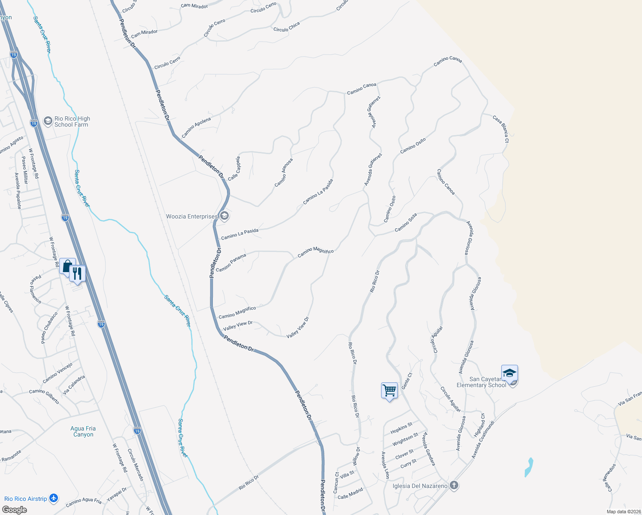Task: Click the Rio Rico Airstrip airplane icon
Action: coord(54,498)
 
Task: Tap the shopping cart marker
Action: coord(389,391)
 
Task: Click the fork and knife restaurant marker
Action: coord(77,273)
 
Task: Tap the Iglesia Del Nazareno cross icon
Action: coord(454,485)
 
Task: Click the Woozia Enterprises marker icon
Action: coord(224,216)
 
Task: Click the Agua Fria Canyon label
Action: coord(83,431)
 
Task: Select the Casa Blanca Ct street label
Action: coord(501,128)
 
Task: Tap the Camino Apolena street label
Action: coord(196,127)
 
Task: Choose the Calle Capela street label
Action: coord(234,168)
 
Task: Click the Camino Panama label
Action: coord(231,263)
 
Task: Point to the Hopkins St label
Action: coord(401,428)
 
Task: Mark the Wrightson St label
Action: coord(405,439)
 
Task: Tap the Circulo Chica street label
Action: coord(287,27)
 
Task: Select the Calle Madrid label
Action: coord(350,494)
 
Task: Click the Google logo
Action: coord(14,510)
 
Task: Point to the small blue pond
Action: coord(529,468)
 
